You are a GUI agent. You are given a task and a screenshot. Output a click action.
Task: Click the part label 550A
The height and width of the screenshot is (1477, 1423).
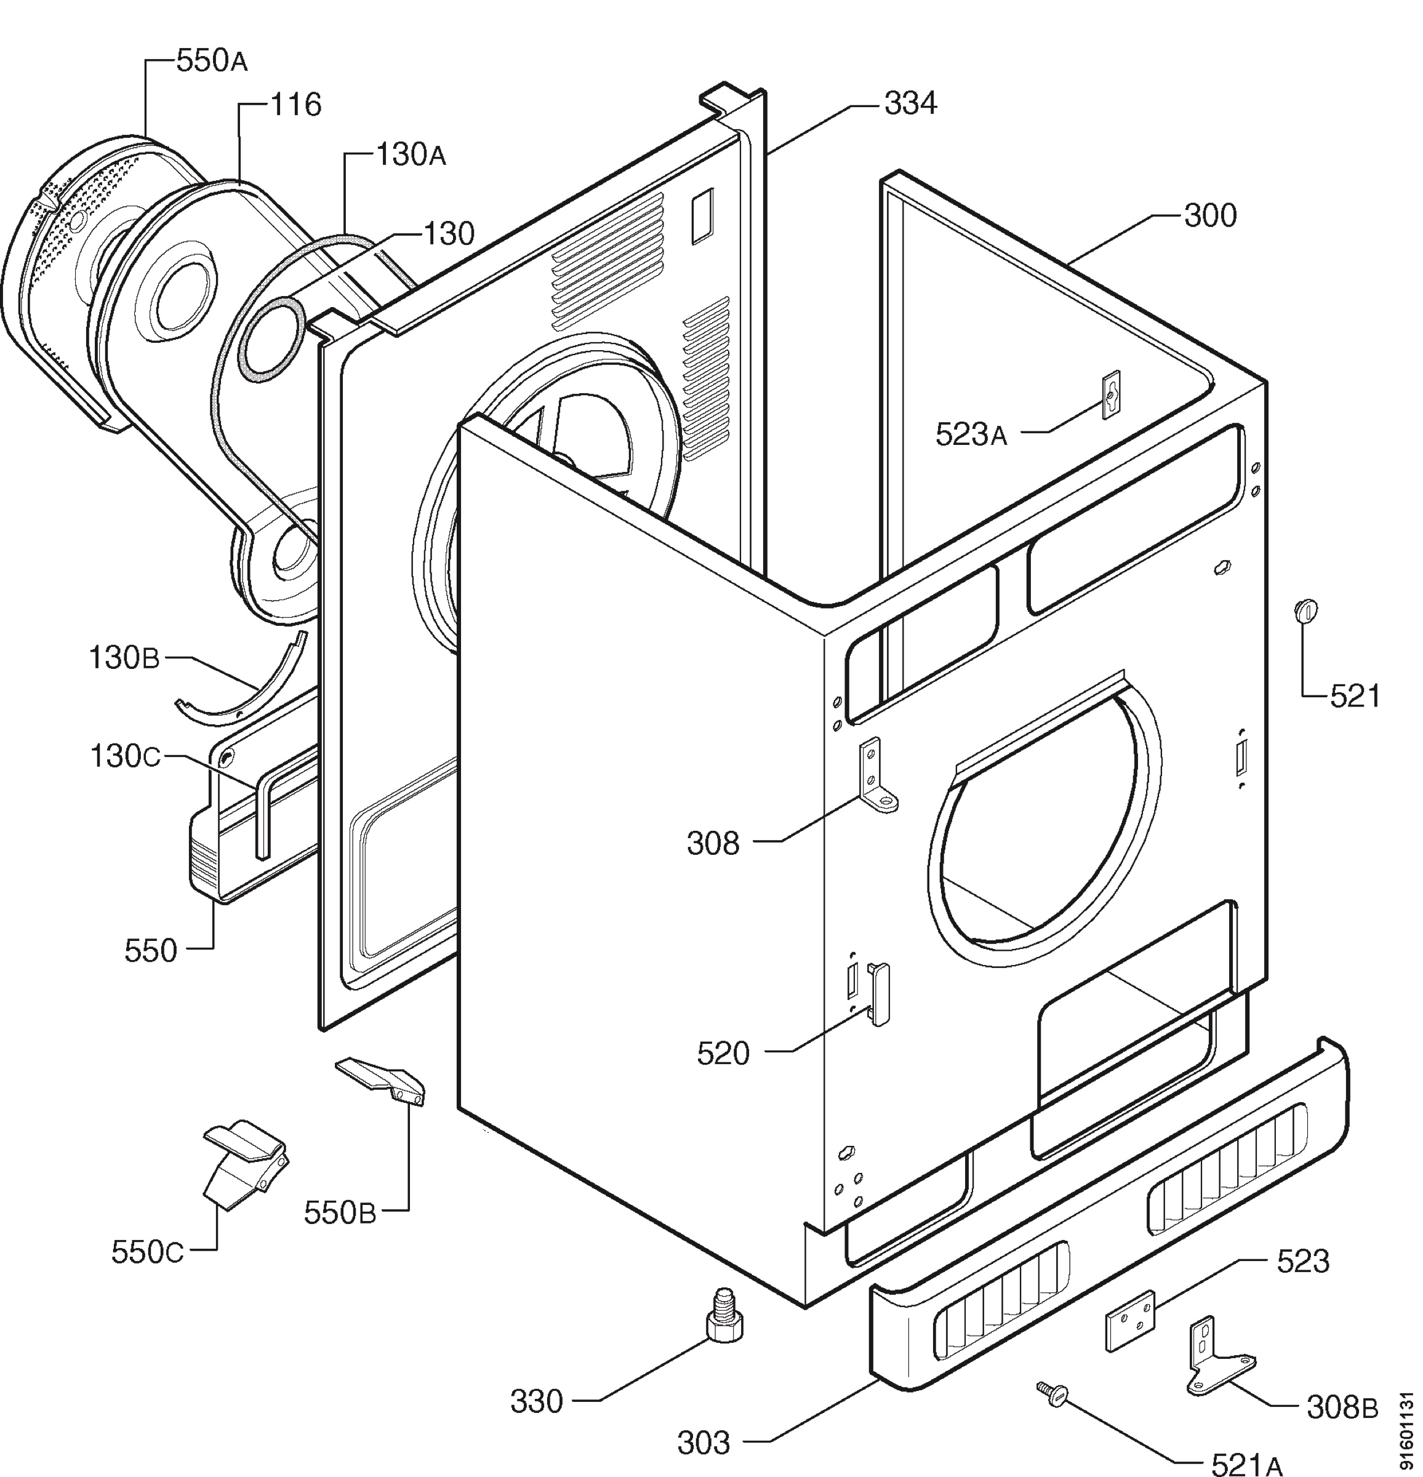[212, 61]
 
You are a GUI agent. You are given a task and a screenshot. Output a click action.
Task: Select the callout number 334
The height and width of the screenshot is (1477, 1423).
[910, 104]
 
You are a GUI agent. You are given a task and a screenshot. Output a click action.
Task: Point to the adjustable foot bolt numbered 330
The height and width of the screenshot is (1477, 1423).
[724, 1315]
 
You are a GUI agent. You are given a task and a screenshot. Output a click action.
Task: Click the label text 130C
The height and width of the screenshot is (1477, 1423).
[125, 756]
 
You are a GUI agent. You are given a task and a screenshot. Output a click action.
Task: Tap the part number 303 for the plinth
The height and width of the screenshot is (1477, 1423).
[703, 1443]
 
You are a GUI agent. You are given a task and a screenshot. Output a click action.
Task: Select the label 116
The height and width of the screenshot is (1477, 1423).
[295, 105]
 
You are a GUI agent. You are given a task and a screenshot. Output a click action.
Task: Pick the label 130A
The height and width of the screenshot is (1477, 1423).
[411, 154]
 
